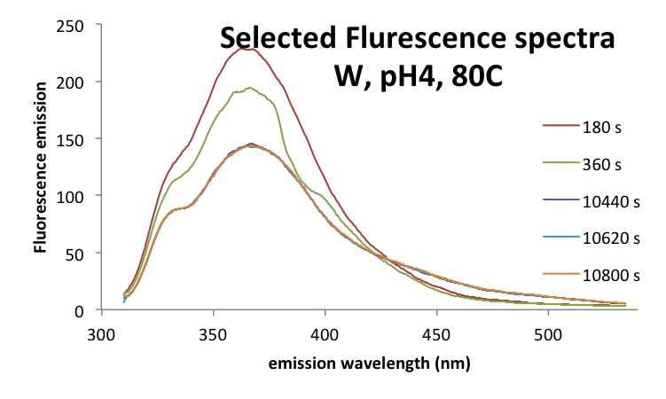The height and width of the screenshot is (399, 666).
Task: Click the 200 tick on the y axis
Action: click(72, 82)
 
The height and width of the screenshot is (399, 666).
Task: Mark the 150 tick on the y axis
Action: click(72, 138)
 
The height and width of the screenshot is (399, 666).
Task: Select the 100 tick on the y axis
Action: click(72, 196)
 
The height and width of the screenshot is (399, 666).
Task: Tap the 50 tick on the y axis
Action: click(75, 253)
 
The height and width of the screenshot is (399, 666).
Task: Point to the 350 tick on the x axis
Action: click(214, 334)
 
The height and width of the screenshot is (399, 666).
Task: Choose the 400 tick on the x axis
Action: click(325, 334)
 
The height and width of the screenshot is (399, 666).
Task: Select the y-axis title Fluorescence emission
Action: click(41, 168)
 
